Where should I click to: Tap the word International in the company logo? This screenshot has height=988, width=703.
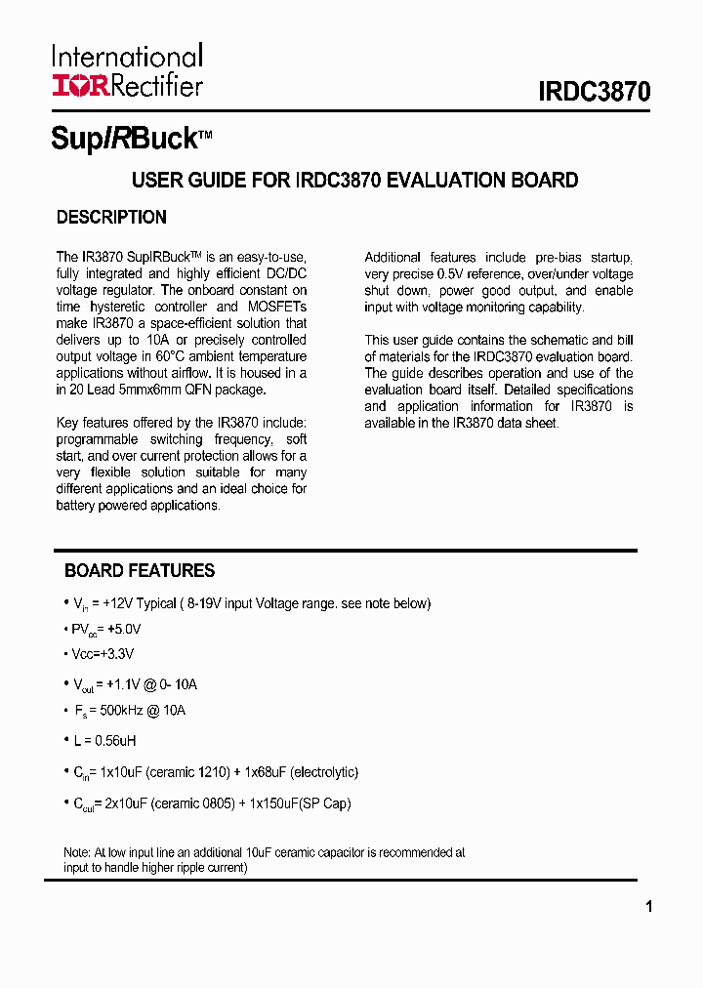(127, 57)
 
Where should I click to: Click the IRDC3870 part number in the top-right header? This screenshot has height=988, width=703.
(594, 93)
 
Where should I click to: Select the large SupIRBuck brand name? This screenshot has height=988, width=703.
(124, 139)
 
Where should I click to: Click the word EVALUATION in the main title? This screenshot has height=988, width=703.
(445, 181)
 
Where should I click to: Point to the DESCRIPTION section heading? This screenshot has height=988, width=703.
(111, 218)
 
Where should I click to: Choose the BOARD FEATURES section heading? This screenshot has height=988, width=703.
(140, 571)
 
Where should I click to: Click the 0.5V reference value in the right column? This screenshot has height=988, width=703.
(459, 274)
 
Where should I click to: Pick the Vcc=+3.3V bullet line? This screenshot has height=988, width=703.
(103, 653)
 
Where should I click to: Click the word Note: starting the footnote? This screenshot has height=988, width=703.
(77, 852)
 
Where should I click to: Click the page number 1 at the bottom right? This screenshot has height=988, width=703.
(649, 907)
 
